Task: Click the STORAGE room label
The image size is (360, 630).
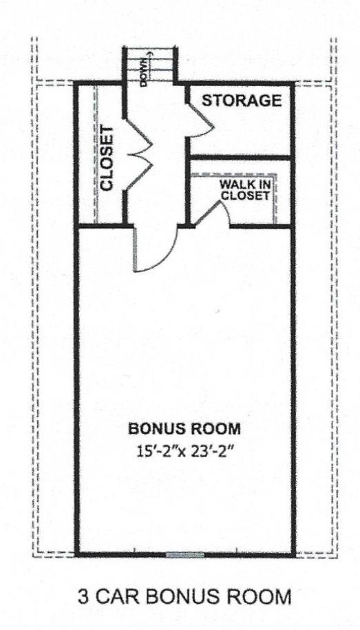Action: point(242,101)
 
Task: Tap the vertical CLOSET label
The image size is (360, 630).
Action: point(107,158)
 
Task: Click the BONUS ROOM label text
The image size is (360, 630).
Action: point(185,429)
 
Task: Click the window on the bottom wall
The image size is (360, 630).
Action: point(185,554)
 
